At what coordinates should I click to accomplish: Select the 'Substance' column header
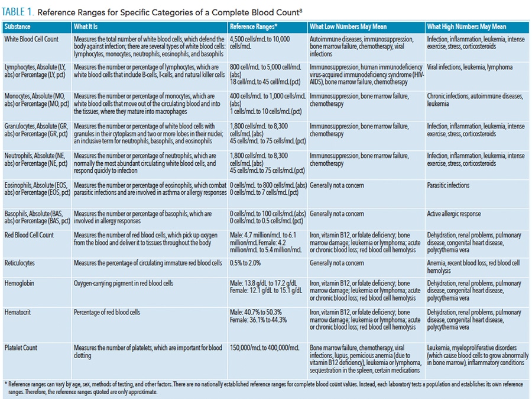point(17,27)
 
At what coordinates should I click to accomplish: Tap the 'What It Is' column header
point(89,27)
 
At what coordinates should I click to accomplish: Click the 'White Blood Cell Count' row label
point(31,39)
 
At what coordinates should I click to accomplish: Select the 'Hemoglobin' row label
point(19,284)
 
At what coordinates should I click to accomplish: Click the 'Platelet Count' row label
point(21,348)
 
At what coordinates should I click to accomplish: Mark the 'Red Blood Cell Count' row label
point(29,235)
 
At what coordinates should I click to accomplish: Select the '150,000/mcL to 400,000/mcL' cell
point(264,348)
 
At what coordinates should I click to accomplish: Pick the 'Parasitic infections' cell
point(448,185)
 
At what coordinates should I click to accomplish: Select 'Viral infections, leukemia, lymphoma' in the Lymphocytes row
point(470,67)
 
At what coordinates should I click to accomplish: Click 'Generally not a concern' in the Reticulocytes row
point(337,263)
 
